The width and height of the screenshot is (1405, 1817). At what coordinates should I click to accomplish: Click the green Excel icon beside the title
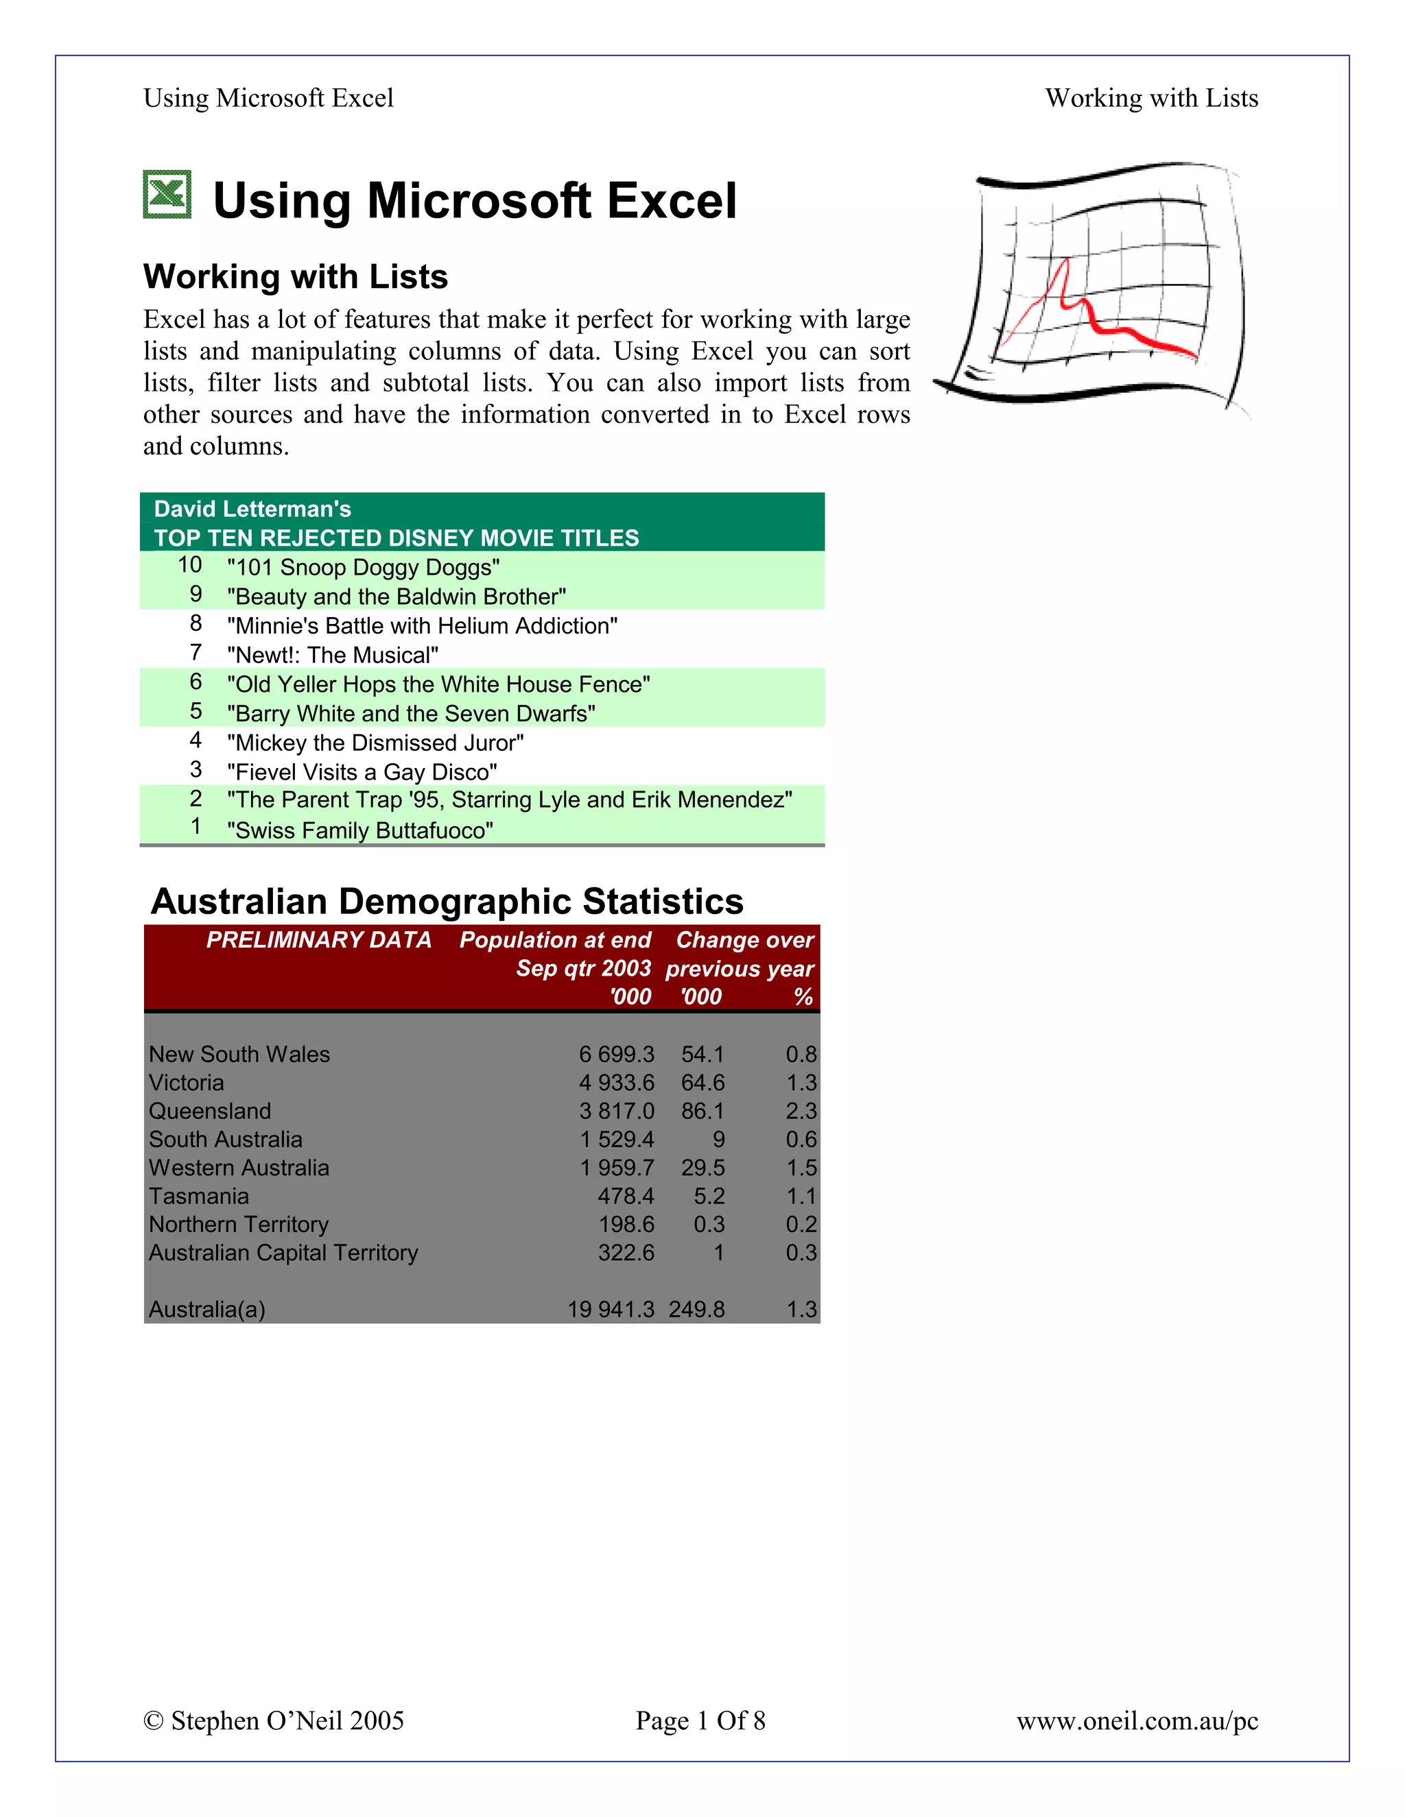167,195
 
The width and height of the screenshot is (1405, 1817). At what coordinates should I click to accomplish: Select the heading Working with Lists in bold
296,276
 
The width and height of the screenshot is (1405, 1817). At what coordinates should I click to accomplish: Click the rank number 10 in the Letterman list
190,565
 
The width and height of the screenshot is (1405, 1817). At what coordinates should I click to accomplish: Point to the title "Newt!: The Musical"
332,655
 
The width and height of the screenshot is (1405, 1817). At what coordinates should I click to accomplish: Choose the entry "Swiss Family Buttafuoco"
359,830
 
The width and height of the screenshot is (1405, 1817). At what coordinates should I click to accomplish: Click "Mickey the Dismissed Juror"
375,743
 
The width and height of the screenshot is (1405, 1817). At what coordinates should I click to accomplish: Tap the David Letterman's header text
252,509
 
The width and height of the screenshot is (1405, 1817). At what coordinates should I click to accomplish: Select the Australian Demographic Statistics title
447,901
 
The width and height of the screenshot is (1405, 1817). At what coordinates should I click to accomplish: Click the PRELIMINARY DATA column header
319,940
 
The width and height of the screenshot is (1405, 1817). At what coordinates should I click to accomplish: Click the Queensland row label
210,1111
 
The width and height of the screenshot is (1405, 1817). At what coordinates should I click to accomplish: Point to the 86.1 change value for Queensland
702,1111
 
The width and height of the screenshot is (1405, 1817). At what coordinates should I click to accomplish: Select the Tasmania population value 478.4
626,1196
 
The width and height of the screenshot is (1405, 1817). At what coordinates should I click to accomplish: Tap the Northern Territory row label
239,1224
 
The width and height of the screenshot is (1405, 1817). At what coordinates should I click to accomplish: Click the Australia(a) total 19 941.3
611,1310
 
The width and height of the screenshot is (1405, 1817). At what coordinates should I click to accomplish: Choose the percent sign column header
803,997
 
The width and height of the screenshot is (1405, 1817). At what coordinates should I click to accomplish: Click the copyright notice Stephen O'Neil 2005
274,1720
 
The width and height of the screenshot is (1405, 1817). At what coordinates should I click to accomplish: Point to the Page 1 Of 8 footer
700,1720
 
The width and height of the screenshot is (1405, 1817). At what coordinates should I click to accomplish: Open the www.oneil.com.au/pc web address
1137,1720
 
